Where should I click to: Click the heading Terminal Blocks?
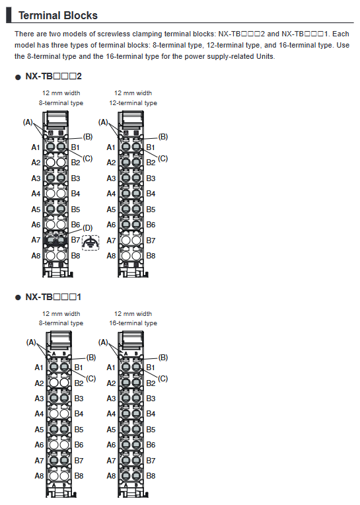(x=58, y=15)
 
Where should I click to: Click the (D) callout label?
(x=87, y=228)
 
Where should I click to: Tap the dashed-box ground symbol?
(x=90, y=243)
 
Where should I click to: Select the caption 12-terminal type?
(x=133, y=103)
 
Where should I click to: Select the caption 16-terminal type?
(x=133, y=323)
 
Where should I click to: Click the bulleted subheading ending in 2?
(x=54, y=76)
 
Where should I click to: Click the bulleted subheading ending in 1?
(x=53, y=297)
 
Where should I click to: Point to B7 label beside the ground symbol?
(x=75, y=240)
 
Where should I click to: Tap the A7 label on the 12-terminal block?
(x=111, y=241)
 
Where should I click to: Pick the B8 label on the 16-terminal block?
(x=151, y=476)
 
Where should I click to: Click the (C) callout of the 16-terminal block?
(x=162, y=379)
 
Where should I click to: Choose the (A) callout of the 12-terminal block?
(x=103, y=122)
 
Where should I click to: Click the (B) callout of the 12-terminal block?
(x=162, y=137)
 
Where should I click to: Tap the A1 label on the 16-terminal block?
(x=111, y=368)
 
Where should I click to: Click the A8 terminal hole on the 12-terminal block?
(x=126, y=256)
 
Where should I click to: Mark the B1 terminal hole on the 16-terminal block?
(x=137, y=367)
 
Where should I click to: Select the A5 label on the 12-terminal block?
(x=111, y=210)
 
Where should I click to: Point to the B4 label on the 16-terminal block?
(x=151, y=414)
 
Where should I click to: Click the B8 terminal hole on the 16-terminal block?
(x=137, y=476)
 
